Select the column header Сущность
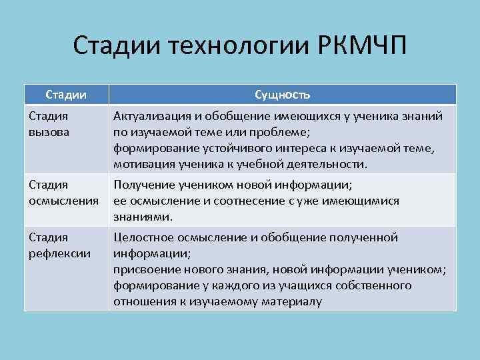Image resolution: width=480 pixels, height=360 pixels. point(282,94)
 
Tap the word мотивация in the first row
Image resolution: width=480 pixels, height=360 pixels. point(142,163)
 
